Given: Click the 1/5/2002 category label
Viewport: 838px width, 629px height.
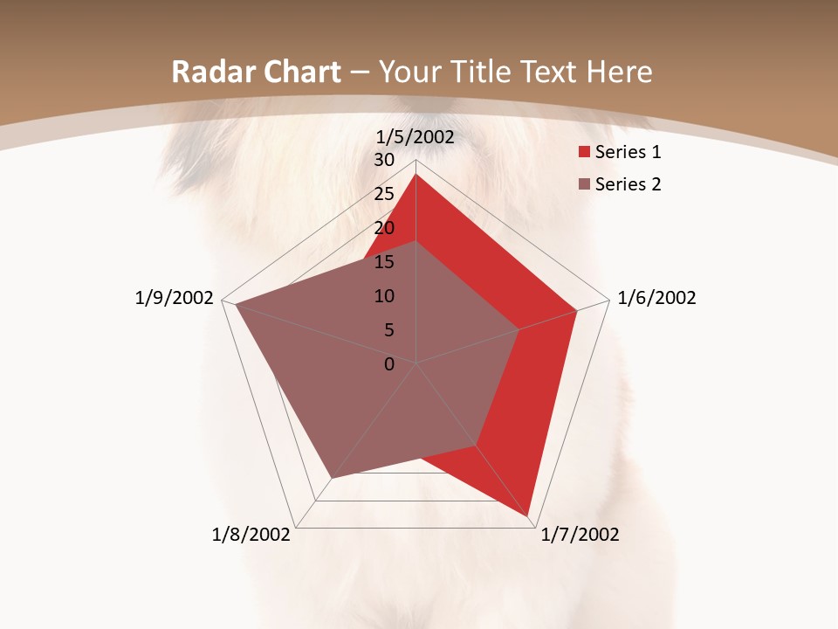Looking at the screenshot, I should tap(416, 136).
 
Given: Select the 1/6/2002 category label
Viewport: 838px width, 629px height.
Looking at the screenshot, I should tap(656, 298).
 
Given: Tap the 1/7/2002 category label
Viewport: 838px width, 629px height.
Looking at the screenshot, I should tap(580, 535).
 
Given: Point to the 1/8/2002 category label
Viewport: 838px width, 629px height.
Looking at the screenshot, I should tap(251, 535).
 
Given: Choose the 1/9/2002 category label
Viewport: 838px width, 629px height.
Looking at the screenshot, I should tap(175, 298).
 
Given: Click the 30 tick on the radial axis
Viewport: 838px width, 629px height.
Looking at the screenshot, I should tap(384, 160).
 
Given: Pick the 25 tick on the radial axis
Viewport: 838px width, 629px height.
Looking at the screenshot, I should tap(384, 194).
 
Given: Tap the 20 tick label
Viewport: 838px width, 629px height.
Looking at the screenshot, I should tap(384, 228).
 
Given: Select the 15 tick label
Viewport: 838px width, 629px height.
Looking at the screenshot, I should tap(384, 262).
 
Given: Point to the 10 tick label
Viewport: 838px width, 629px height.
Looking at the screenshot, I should tap(384, 296).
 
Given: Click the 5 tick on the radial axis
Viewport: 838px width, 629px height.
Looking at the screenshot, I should tap(388, 330).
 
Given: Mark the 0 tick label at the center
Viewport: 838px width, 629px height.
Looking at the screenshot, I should tap(389, 364).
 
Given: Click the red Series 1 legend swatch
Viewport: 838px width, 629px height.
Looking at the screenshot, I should tap(585, 153).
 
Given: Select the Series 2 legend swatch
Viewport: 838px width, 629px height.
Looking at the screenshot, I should tap(585, 184).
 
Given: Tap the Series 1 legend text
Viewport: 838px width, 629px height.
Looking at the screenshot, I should tap(628, 153).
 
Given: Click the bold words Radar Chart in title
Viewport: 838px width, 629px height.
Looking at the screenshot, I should tap(256, 73).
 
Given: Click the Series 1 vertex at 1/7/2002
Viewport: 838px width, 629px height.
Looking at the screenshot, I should tap(529, 517).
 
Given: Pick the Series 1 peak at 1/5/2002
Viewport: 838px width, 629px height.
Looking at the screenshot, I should tap(416, 175).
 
